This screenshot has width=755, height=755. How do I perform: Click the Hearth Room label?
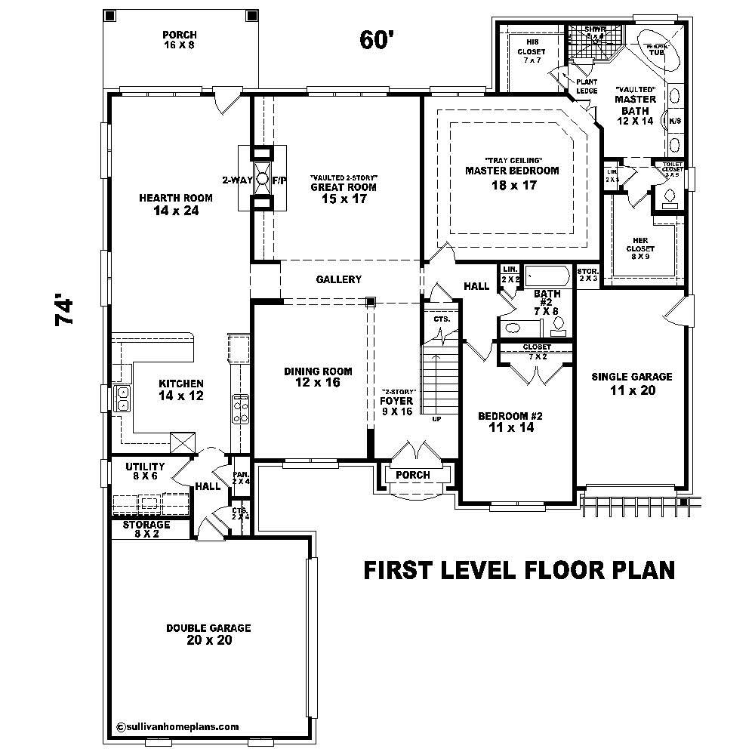[175, 198]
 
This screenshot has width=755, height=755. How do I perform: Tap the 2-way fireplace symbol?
[262, 180]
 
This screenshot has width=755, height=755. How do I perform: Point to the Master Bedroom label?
[512, 171]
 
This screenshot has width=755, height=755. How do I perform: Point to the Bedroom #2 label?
[511, 416]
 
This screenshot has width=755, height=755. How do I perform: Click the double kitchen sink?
[122, 399]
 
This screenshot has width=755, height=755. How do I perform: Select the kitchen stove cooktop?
[241, 410]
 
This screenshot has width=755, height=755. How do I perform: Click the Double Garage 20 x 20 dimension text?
[208, 640]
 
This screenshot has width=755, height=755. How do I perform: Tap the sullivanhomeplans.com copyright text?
[177, 727]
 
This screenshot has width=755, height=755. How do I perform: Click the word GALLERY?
[338, 279]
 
